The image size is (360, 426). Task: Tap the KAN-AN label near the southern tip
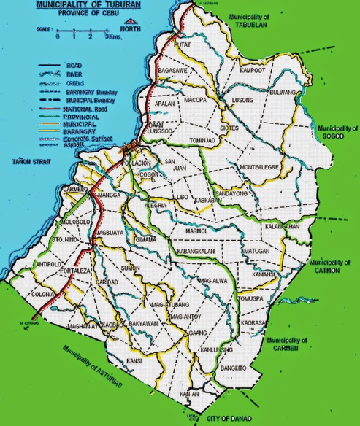(x=191, y=394)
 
